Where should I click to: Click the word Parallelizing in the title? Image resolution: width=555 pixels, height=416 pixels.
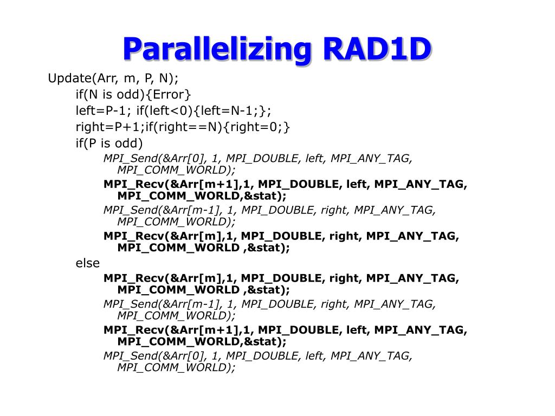pyautogui.click(x=217, y=49)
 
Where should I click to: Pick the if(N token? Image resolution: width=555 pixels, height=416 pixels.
pyautogui.click(x=88, y=94)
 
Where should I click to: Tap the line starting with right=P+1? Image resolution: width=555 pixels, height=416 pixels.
pyautogui.click(x=183, y=127)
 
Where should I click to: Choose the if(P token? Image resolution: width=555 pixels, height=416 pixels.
pyautogui.click(x=87, y=143)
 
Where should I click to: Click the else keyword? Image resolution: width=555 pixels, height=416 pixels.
pyautogui.click(x=88, y=263)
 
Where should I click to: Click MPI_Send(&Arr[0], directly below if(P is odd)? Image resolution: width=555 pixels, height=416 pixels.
pyautogui.click(x=155, y=158)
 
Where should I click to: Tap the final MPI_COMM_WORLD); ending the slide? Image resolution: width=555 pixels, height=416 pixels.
pyautogui.click(x=177, y=367)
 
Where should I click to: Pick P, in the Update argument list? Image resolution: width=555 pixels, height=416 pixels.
pyautogui.click(x=149, y=78)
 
